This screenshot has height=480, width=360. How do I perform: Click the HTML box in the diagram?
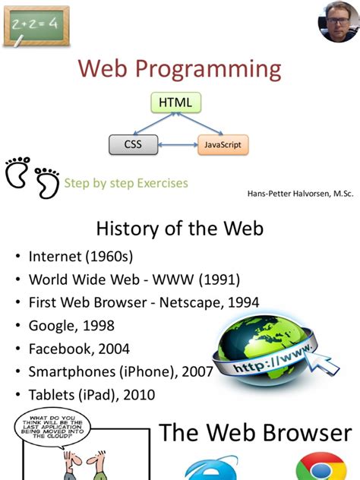coord(175,102)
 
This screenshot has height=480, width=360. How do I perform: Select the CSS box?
coord(134,144)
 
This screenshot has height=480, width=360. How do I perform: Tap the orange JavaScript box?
coord(223,144)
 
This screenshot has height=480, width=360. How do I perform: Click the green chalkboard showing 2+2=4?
coord(36,24)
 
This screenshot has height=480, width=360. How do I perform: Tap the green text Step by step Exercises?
coord(126,183)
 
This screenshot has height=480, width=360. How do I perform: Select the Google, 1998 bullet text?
coord(71,326)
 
